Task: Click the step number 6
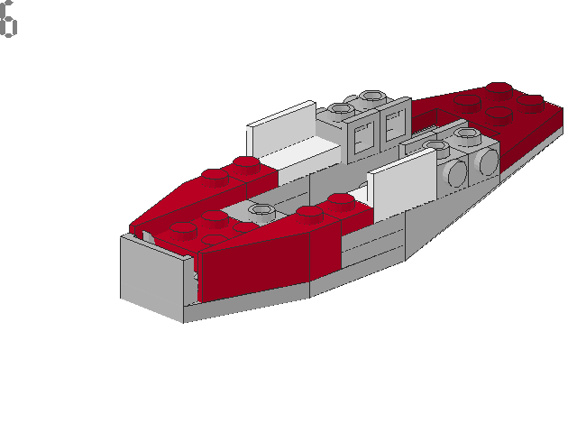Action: (x=8, y=22)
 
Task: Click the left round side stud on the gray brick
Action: (x=458, y=169)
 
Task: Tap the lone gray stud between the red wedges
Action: (x=261, y=212)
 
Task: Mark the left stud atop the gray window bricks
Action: (x=341, y=109)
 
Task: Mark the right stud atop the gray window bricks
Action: (x=370, y=95)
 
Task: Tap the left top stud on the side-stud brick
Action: (x=438, y=145)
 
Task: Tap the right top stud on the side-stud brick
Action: (x=466, y=135)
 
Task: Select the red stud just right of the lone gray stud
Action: (x=308, y=213)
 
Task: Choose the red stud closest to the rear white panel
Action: (x=244, y=162)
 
